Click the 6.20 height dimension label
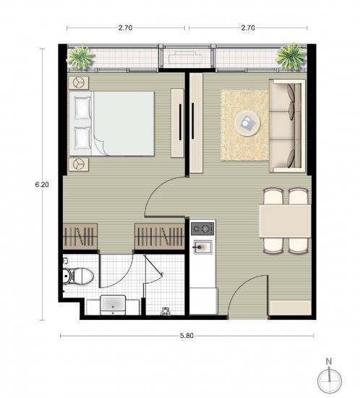click(42, 185)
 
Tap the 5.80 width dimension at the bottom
click(187, 336)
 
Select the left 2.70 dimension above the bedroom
click(125, 27)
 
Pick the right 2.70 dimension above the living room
click(248, 27)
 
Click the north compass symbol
click(330, 378)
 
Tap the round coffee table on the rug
click(247, 123)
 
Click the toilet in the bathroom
click(78, 276)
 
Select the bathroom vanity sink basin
click(113, 305)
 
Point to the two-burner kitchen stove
click(202, 229)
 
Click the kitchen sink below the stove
click(203, 247)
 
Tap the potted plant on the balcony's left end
click(80, 58)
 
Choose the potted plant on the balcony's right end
click(291, 56)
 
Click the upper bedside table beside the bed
click(79, 82)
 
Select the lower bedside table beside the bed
click(79, 164)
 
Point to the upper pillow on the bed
click(82, 108)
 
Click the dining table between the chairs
click(285, 221)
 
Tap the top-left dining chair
click(273, 196)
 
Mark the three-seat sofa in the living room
click(287, 126)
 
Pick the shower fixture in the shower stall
click(165, 311)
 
